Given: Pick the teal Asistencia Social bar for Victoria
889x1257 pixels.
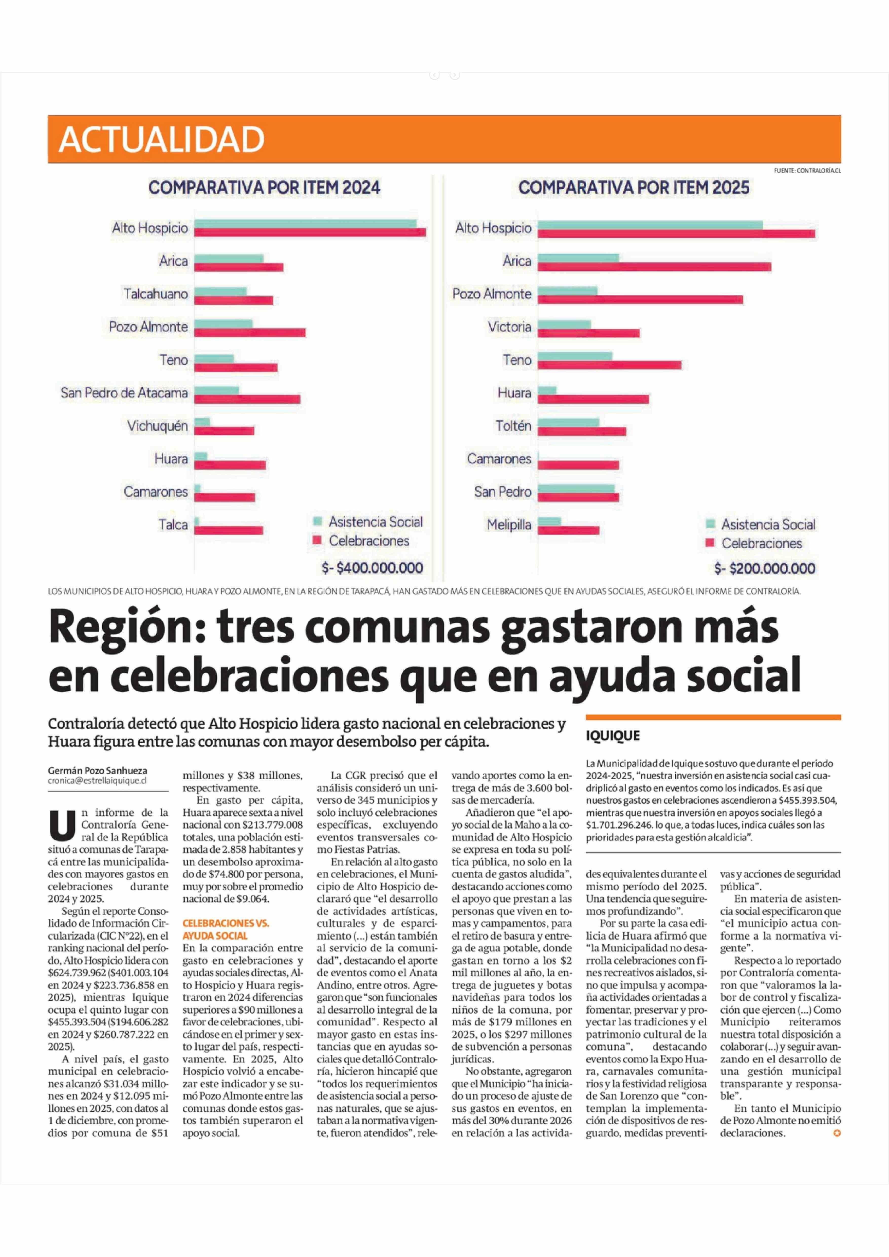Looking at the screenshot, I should pyautogui.click(x=564, y=324).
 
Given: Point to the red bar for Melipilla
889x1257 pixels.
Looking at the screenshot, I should pyautogui.click(x=568, y=530).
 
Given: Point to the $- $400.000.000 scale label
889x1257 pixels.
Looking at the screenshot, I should pyautogui.click(x=372, y=568).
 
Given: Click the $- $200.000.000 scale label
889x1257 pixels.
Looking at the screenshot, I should pyautogui.click(x=764, y=568).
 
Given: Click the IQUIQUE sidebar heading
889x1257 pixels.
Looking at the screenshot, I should pyautogui.click(x=613, y=735).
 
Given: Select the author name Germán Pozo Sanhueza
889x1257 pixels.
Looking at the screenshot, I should pyautogui.click(x=97, y=771).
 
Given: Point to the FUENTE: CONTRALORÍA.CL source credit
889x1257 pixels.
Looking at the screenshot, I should pyautogui.click(x=807, y=171).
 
